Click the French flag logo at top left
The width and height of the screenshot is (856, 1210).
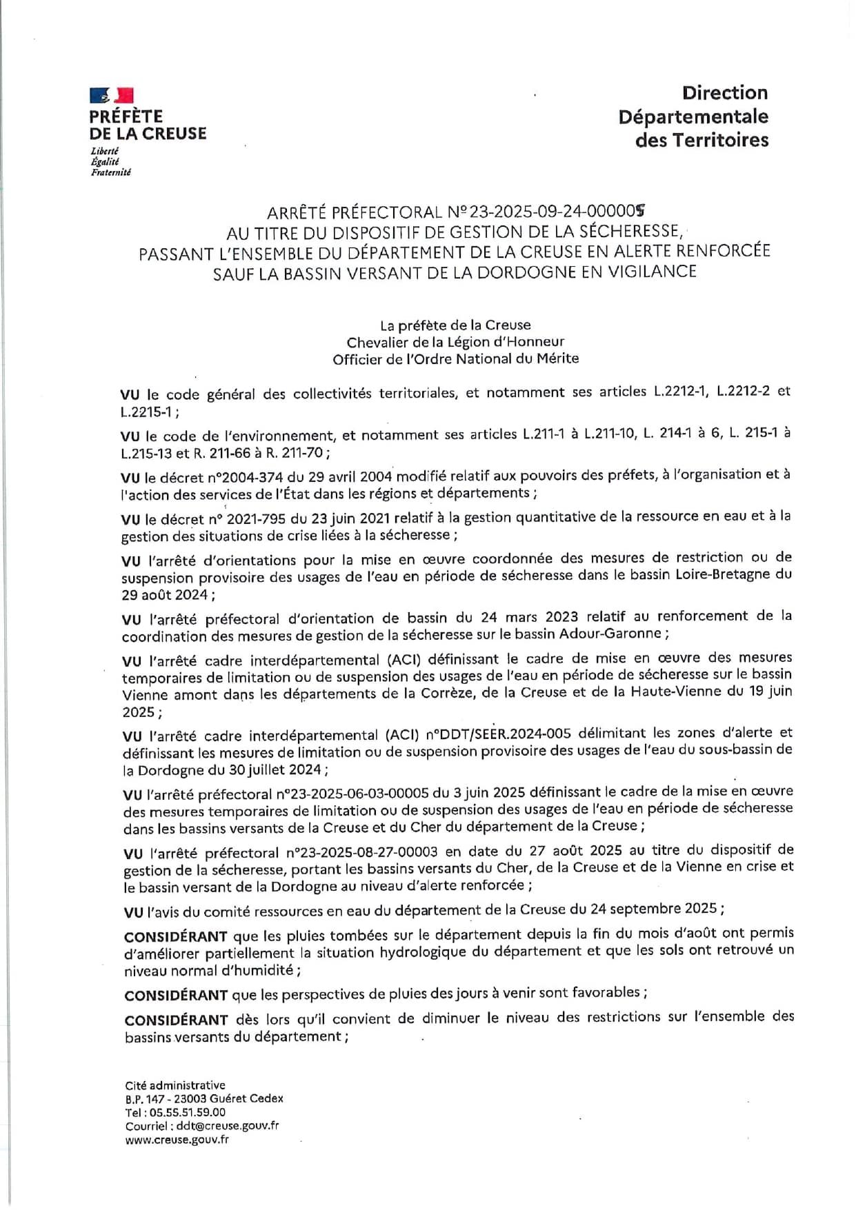coord(111,95)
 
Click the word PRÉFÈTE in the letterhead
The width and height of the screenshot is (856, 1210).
coord(126,116)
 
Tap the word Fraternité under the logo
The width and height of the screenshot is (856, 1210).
coord(110,172)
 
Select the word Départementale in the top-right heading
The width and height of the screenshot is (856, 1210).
coord(693,117)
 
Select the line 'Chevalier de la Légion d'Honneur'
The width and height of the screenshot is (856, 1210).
coord(455,342)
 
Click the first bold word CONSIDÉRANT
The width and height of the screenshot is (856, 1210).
coord(176,937)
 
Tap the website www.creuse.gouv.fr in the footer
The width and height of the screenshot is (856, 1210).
coord(177,1140)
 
